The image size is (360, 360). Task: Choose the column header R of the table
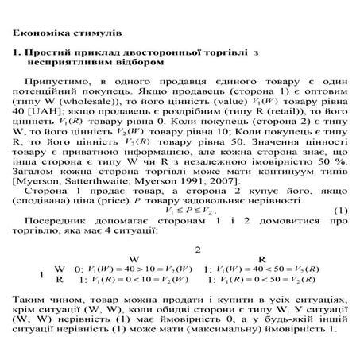click(x=261, y=258)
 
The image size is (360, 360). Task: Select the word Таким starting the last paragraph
click(x=29, y=301)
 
